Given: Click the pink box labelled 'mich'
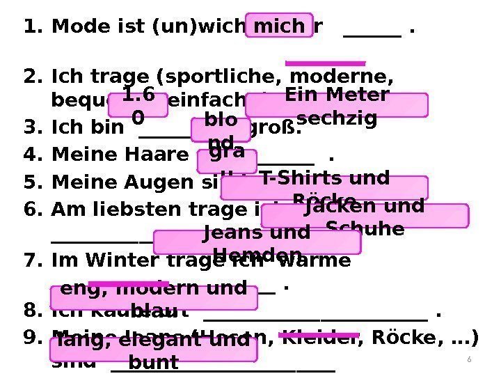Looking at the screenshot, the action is pyautogui.click(x=279, y=26).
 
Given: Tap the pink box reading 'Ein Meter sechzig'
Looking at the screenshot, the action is pyautogui.click(x=337, y=105).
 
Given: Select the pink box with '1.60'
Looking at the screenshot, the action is pyautogui.click(x=138, y=106).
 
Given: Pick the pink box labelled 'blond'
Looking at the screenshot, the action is pyautogui.click(x=221, y=130).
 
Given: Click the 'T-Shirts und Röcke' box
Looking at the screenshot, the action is pyautogui.click(x=325, y=188).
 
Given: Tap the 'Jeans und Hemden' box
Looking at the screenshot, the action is pyautogui.click(x=257, y=242).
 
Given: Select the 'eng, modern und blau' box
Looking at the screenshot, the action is pyautogui.click(x=153, y=297).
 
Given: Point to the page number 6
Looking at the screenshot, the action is pyautogui.click(x=469, y=359).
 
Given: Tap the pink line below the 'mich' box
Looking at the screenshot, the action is pyautogui.click(x=325, y=63).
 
